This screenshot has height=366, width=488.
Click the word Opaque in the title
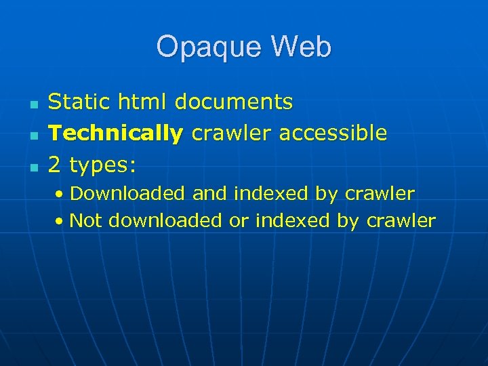pyautogui.click(x=203, y=48)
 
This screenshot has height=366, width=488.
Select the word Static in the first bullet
pyautogui.click(x=75, y=102)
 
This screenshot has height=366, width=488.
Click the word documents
pyautogui.click(x=234, y=102)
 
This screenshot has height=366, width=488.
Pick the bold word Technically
pyautogui.click(x=116, y=134)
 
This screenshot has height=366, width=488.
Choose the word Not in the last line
pyautogui.click(x=86, y=220)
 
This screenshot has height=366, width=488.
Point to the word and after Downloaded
pyautogui.click(x=210, y=193)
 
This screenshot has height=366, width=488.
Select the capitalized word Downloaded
pyautogui.click(x=127, y=193)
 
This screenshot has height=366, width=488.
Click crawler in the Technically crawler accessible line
pyautogui.click(x=232, y=133)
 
